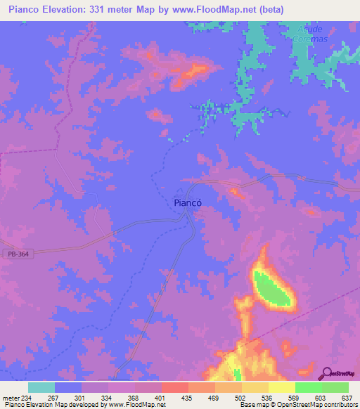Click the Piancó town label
click(x=188, y=202)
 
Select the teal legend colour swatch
click(x=41, y=387)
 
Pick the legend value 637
click(x=346, y=397)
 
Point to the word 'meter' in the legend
click(x=12, y=397)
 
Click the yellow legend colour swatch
click(x=281, y=387)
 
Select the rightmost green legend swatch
click(x=335, y=387)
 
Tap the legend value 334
click(x=108, y=397)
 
